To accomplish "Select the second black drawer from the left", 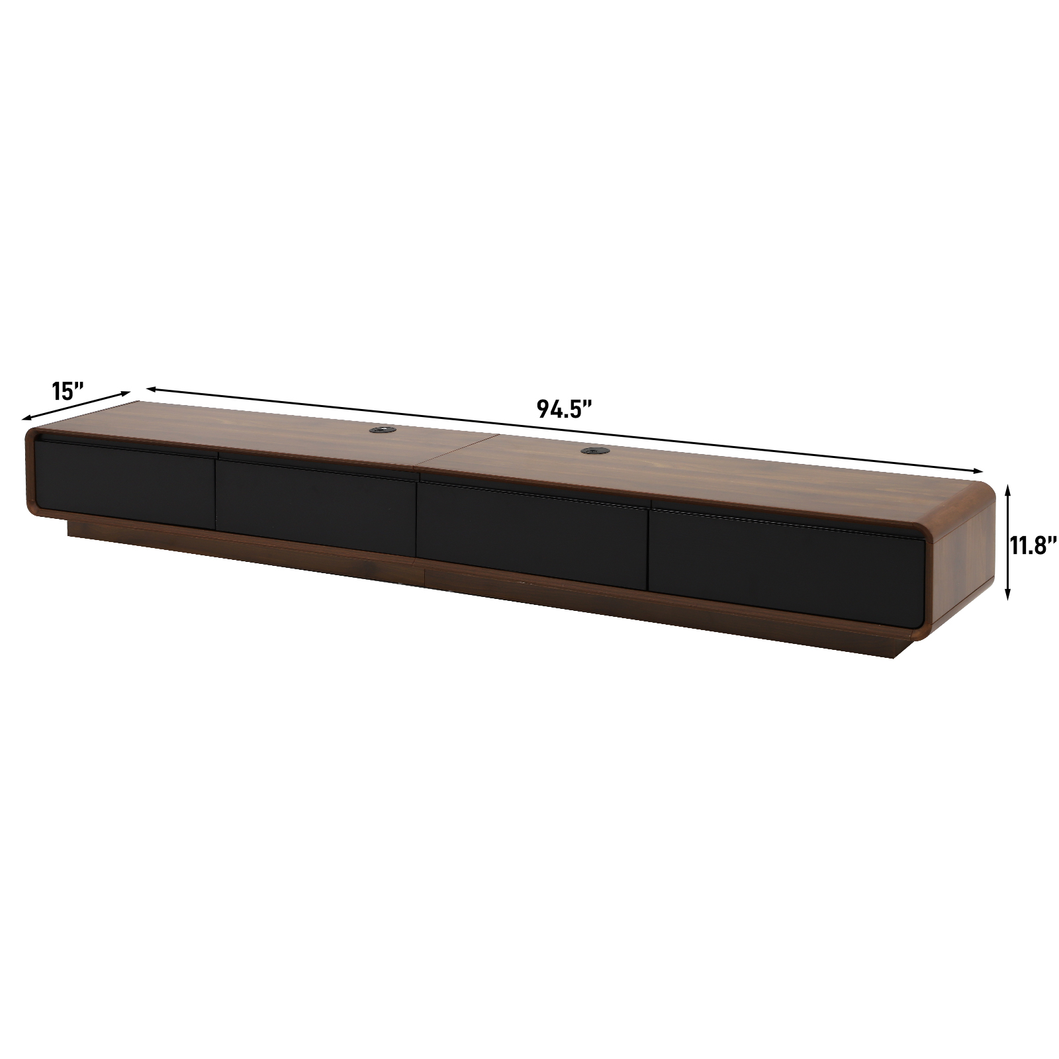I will pyautogui.click(x=316, y=507).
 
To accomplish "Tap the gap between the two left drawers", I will pyautogui.click(x=216, y=493).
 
